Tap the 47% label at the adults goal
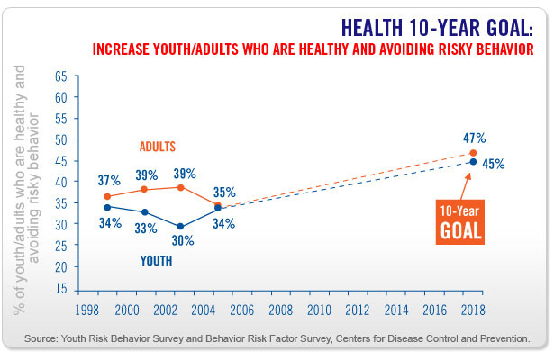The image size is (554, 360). [475, 139]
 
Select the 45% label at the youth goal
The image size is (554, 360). [493, 165]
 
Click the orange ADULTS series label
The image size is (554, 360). [158, 147]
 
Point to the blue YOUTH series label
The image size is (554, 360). [157, 262]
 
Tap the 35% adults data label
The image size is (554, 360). [224, 192]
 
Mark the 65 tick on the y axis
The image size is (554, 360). [60, 76]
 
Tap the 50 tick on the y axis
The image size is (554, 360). [60, 139]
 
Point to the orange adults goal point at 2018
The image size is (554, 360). [474, 153]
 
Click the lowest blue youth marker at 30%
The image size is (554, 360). [181, 227]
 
